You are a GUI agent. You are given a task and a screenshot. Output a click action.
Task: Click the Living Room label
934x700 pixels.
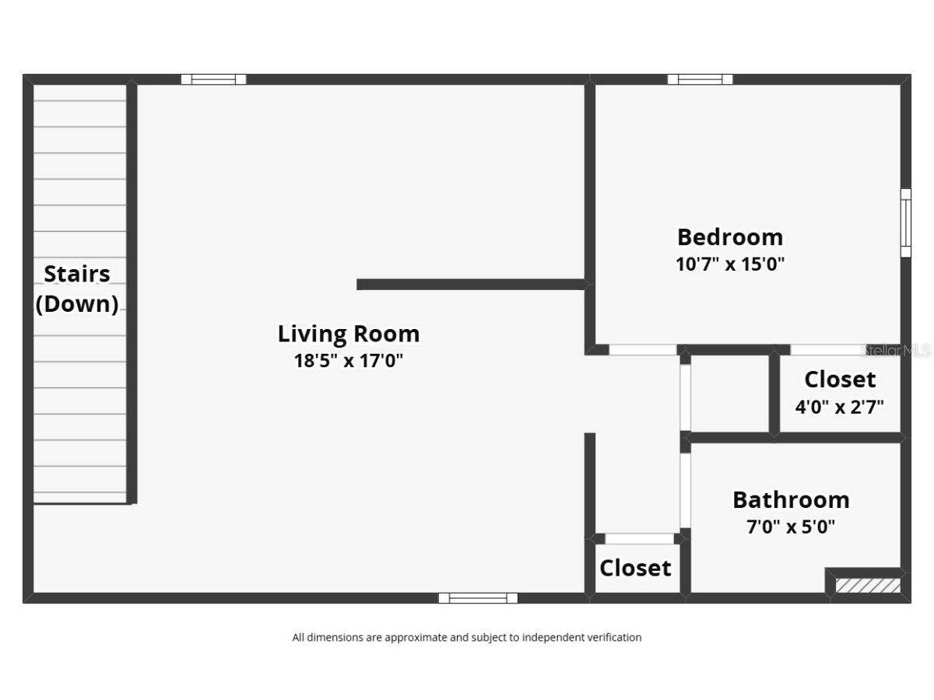[349, 334]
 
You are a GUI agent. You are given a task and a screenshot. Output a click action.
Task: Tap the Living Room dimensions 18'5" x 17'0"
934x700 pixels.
[349, 361]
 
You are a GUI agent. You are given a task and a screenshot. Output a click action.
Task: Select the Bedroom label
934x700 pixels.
[730, 237]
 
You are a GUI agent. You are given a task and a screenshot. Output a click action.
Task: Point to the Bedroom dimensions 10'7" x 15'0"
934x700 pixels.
[730, 264]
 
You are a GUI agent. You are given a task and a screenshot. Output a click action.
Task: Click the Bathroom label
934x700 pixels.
[791, 500]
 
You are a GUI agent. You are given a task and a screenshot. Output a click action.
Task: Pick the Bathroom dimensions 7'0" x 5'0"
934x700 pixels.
[791, 527]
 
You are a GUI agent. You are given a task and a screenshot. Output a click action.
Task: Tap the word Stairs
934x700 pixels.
[77, 274]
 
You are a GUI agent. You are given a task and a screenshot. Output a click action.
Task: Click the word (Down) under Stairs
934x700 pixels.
[77, 304]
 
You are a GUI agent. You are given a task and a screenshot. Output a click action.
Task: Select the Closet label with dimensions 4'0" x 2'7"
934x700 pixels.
[840, 380]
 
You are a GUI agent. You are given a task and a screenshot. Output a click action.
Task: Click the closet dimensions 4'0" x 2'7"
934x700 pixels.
[840, 407]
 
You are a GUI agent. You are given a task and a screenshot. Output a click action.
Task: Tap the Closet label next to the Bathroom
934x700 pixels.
[635, 568]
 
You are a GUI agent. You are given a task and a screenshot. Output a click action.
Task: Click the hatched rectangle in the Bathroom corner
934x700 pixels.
[868, 585]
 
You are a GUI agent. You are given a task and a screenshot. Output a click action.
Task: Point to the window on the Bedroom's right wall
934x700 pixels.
[905, 223]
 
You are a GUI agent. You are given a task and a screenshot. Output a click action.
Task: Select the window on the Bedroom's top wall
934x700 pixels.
[700, 79]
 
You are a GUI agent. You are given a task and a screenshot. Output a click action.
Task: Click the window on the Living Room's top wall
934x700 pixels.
[213, 79]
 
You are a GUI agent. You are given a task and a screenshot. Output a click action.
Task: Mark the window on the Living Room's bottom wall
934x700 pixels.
[478, 598]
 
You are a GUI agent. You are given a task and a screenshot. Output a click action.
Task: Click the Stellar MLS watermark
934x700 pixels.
[896, 351]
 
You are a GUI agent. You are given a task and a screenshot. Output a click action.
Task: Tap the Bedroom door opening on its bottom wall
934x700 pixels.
[643, 350]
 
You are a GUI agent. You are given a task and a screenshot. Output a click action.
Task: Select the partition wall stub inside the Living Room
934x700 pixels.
[471, 285]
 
